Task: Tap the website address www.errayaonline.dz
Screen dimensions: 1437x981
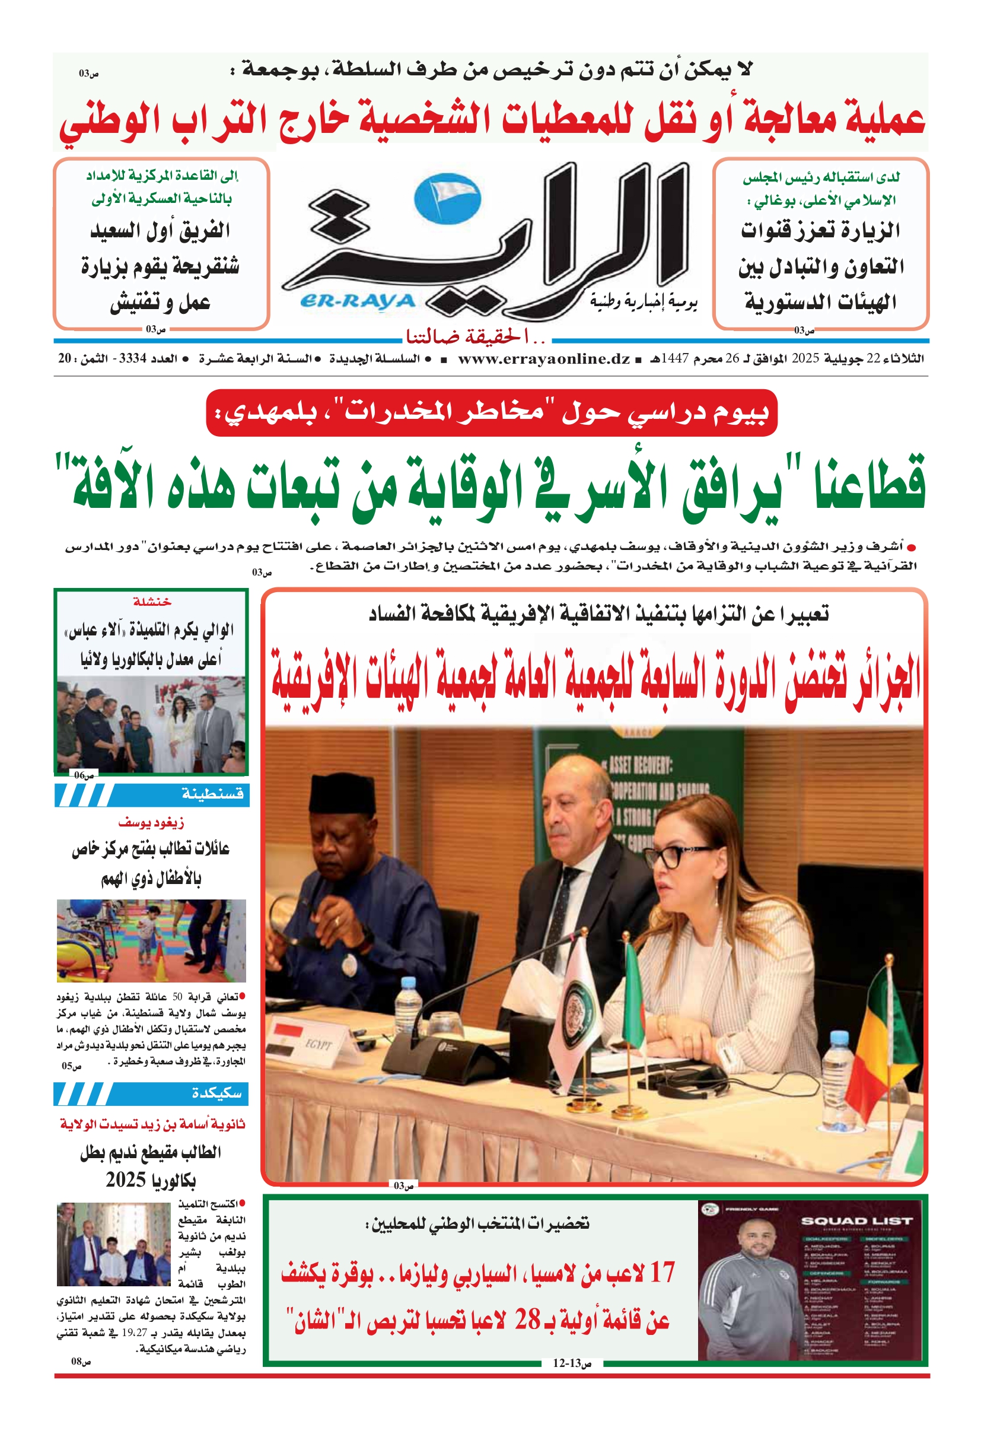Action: click(x=543, y=358)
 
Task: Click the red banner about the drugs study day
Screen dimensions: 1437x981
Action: click(x=491, y=412)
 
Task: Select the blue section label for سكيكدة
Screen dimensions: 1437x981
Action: click(x=216, y=1094)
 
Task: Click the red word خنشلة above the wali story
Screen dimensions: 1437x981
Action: click(x=151, y=601)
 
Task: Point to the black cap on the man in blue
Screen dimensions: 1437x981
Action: click(x=342, y=793)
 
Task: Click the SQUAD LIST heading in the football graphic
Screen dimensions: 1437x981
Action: click(x=856, y=1220)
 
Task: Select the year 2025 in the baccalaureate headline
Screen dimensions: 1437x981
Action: click(x=126, y=1180)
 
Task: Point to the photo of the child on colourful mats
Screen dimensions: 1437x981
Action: click(x=151, y=941)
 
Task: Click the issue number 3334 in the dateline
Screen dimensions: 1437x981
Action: click(x=132, y=358)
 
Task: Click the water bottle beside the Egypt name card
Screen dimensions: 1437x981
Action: click(x=407, y=1005)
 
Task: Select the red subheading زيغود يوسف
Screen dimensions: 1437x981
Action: click(x=151, y=822)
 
